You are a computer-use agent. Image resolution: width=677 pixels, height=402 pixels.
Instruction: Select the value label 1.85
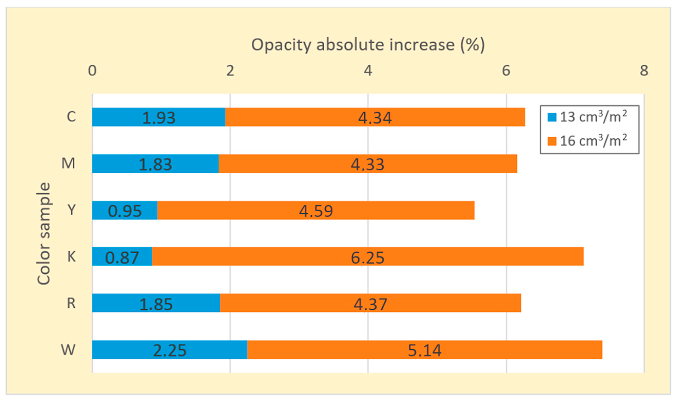156,304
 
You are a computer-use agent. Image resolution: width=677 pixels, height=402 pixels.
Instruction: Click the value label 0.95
125,211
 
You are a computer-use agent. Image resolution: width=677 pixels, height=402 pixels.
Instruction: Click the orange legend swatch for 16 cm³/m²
552,141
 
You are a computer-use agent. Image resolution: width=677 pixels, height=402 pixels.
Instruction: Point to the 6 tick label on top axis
506,71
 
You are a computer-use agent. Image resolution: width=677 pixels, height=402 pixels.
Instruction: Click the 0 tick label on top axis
92,71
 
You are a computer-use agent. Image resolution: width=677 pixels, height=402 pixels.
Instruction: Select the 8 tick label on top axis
644,71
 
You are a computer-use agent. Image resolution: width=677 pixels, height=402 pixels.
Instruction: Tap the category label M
68,163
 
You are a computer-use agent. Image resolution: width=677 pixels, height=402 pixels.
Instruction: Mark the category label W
68,350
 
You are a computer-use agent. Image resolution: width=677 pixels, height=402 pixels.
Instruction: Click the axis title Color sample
44,234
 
